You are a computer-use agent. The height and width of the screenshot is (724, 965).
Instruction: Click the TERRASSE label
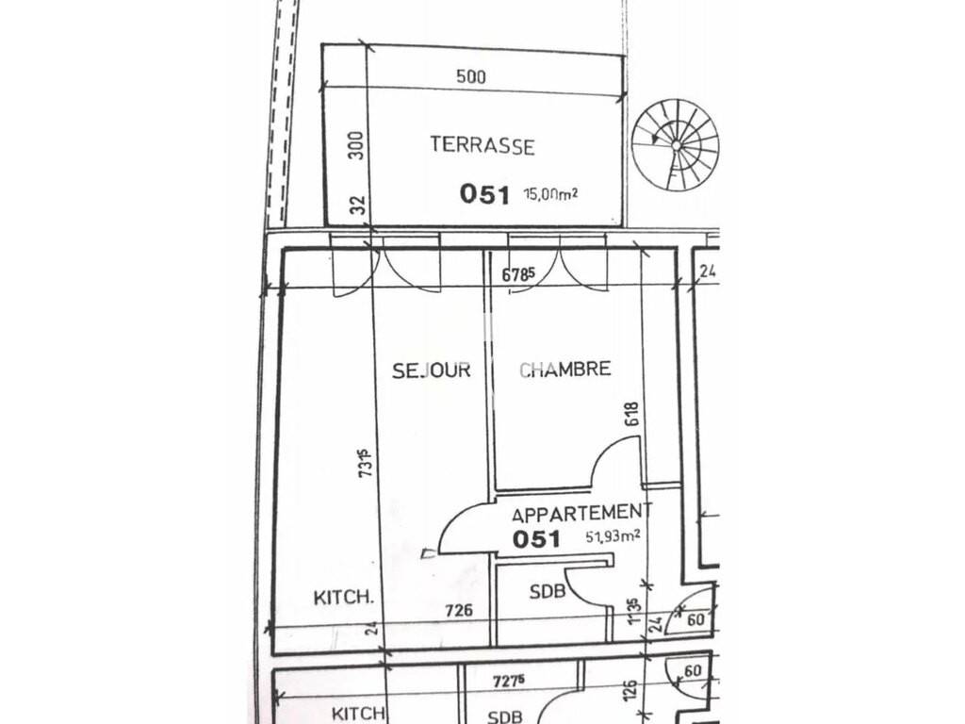coord(482,145)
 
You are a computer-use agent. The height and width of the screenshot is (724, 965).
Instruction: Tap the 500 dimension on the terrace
coord(471,76)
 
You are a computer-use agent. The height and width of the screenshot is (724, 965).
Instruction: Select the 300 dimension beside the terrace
coord(357,145)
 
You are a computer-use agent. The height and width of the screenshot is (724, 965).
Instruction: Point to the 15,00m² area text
coord(550,194)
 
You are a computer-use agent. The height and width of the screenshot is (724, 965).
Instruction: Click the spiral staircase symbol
coord(676,146)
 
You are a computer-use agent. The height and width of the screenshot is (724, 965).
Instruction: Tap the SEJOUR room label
coord(432,370)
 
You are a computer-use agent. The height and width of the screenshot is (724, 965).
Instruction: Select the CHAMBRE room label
coord(565,369)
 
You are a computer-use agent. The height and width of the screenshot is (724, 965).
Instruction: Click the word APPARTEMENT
coord(581,513)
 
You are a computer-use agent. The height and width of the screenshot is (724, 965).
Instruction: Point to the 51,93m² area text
coord(613,536)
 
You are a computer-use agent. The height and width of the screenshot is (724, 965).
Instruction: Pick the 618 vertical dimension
coord(632,414)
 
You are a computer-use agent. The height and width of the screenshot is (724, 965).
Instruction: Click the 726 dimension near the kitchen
coord(459,610)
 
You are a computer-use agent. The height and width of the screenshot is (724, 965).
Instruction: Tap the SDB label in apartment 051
coord(548,592)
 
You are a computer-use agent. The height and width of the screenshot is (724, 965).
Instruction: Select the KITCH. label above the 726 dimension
coord(344,597)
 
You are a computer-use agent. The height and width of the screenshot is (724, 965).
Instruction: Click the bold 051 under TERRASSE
coord(485,194)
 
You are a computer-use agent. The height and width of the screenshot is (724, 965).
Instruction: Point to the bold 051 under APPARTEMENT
coord(536,539)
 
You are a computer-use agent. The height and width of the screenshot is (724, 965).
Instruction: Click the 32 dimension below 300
coord(359,205)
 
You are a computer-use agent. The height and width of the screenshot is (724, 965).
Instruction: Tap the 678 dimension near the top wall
coord(515,274)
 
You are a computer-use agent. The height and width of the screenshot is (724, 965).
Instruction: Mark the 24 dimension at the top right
coord(708,271)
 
